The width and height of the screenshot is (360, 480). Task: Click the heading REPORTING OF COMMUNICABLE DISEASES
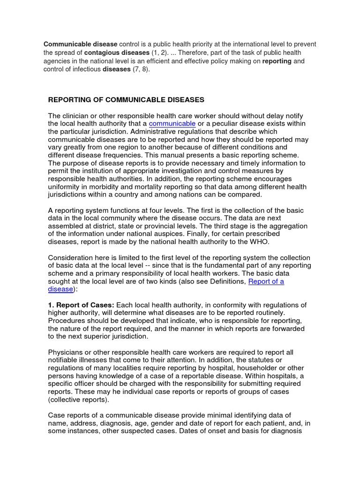pos(126,100)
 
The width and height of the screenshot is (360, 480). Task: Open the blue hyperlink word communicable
pos(172,123)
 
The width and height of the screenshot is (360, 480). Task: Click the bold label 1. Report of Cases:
pos(81,305)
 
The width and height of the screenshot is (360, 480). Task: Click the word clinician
pos(77,116)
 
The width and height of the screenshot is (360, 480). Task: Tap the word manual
pos(197,155)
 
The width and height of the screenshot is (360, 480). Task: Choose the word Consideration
pos(72,257)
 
